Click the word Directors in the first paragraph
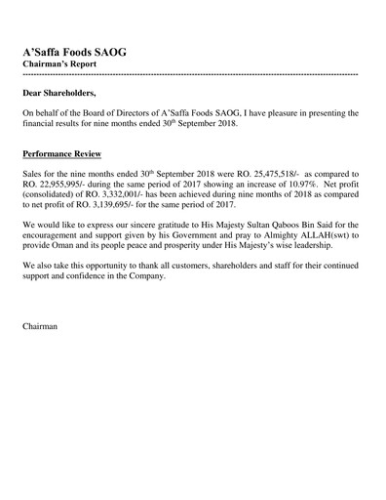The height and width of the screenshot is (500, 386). click(143, 113)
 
